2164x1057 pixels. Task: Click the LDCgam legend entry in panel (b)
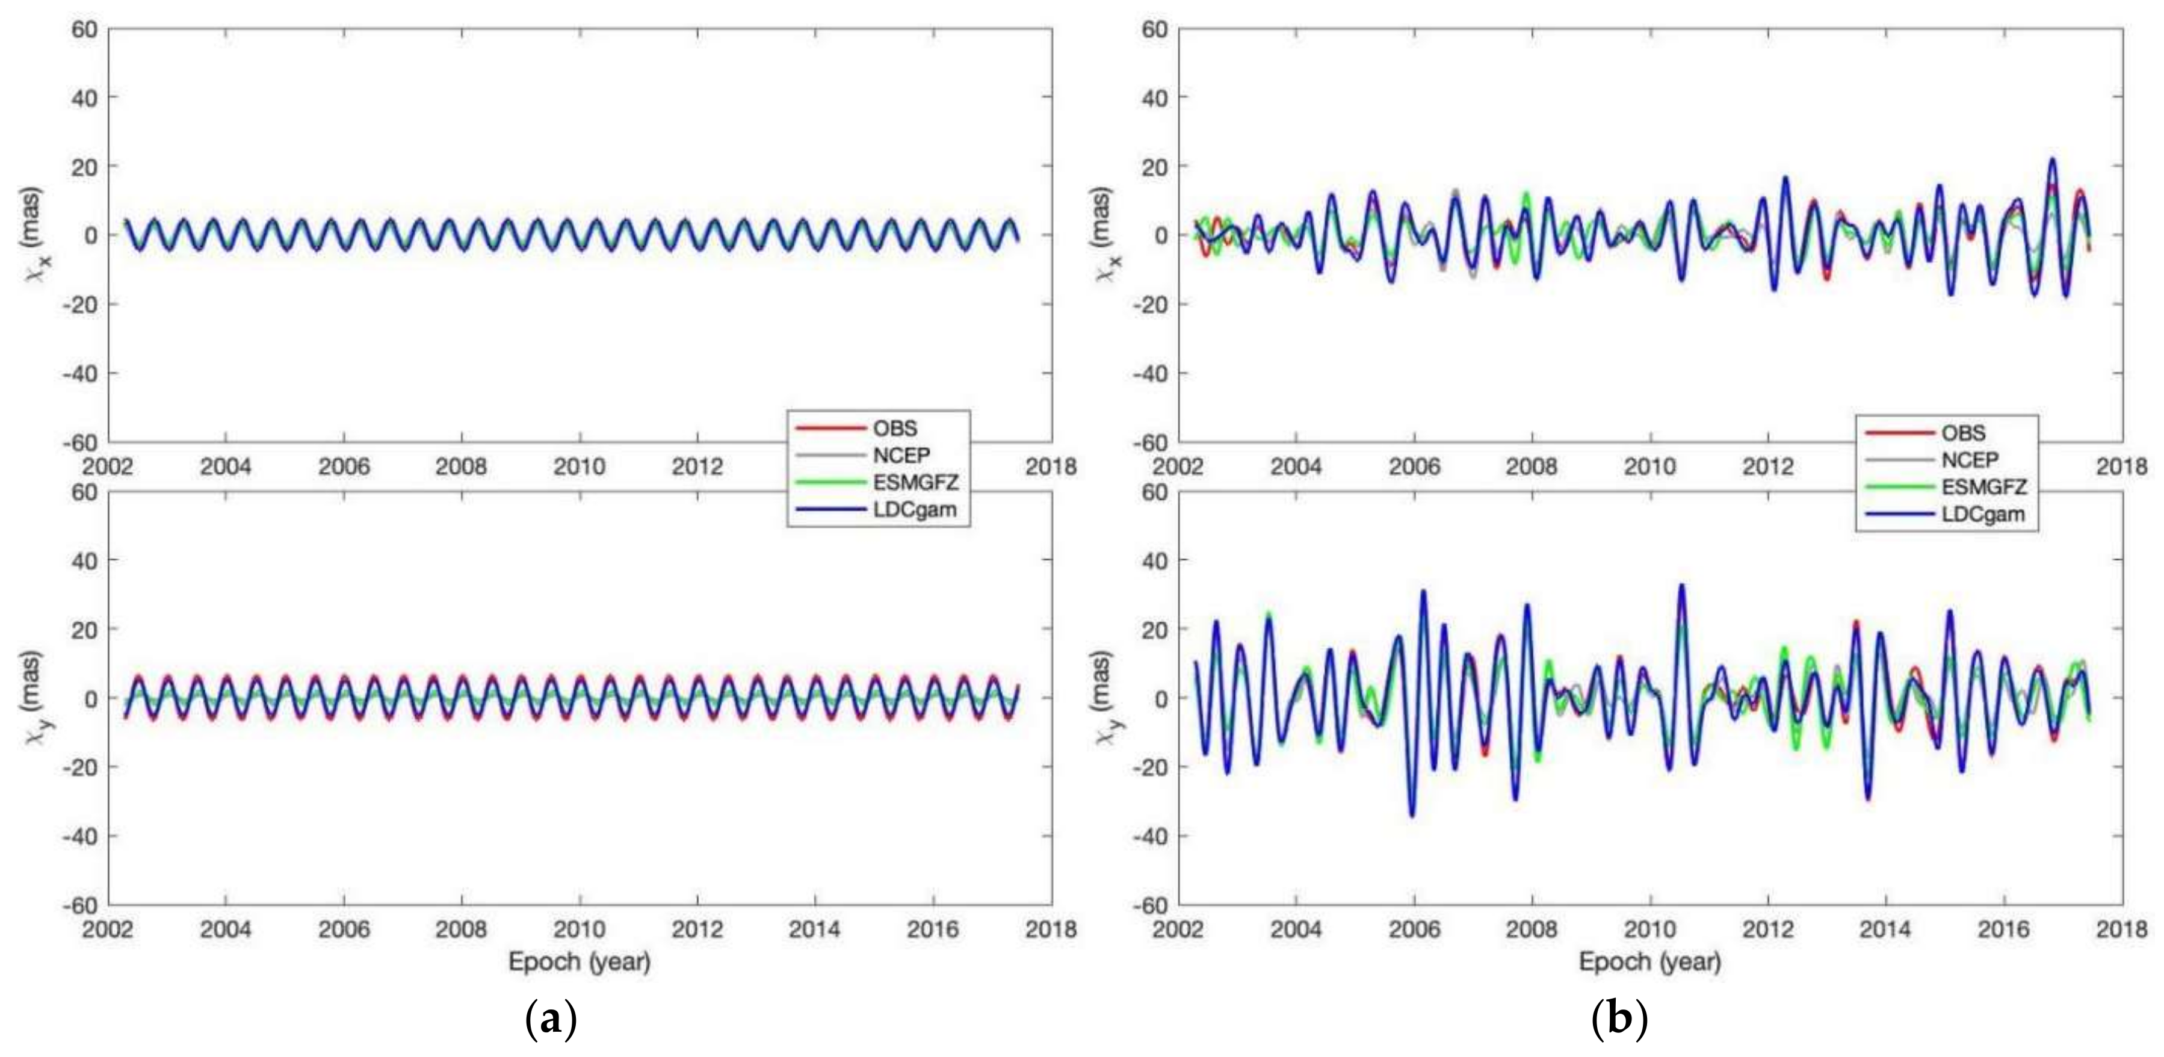[x=1982, y=514]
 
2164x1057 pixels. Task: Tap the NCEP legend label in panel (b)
[x=1969, y=460]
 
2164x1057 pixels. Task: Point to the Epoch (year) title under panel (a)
[x=579, y=961]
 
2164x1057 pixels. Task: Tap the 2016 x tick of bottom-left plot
[x=933, y=929]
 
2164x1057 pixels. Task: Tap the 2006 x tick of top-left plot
[x=344, y=467]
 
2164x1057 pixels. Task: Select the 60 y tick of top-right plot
[x=1154, y=30]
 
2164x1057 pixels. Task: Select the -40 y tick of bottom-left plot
[x=80, y=836]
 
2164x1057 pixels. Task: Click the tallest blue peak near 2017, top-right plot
[x=2052, y=160]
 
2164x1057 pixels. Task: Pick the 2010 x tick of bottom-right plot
[x=1650, y=929]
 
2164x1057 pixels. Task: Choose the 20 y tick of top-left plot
[x=85, y=166]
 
